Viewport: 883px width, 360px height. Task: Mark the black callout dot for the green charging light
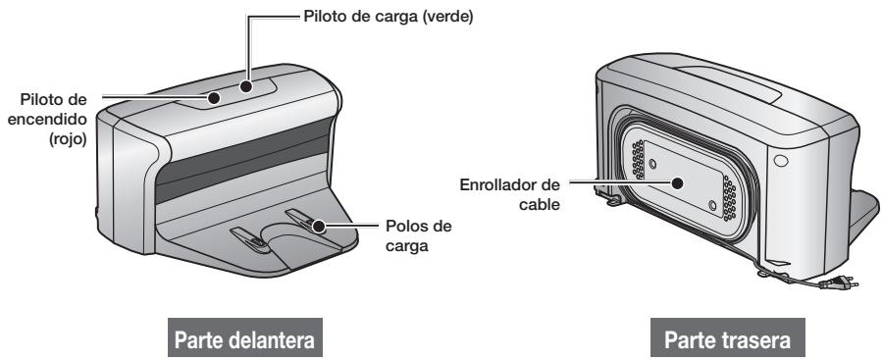pyautogui.click(x=243, y=84)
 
